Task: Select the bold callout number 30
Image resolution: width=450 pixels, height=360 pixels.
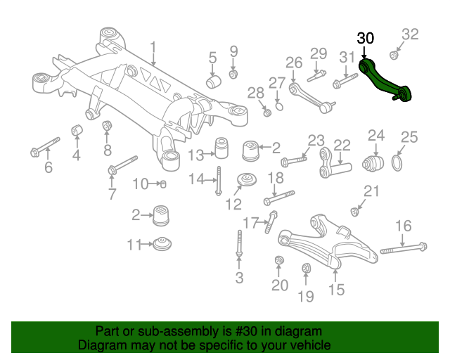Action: [366, 39]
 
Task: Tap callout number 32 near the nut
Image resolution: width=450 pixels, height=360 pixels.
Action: [410, 34]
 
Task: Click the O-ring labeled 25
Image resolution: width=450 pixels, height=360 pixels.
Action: [397, 163]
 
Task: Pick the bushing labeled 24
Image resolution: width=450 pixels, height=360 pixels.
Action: [373, 164]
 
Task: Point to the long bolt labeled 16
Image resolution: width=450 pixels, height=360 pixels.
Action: [403, 248]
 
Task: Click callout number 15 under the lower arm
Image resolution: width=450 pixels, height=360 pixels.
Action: [336, 290]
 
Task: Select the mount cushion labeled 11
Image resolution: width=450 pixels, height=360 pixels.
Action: [162, 244]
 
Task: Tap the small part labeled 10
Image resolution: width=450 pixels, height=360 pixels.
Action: [162, 184]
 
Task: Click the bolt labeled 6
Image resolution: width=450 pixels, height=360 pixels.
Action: [45, 147]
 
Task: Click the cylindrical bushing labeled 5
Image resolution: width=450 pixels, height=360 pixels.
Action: [213, 82]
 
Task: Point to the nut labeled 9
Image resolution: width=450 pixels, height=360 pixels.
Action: [233, 75]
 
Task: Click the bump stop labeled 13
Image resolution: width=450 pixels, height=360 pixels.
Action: [221, 148]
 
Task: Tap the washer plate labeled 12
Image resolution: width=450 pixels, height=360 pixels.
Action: [247, 180]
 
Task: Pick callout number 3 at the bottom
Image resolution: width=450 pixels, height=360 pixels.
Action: [239, 278]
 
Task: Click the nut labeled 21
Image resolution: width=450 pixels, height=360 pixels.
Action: [354, 212]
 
